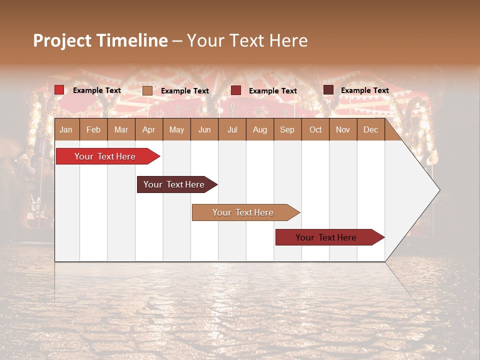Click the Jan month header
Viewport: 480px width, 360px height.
(66, 129)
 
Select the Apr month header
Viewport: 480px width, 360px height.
(148, 129)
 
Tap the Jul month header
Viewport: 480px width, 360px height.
(232, 129)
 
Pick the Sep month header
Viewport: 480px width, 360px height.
(287, 129)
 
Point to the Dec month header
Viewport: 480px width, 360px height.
(370, 129)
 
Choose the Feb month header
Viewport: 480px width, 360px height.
(93, 129)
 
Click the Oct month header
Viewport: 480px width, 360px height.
(315, 129)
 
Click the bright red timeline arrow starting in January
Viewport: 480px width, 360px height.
(105, 156)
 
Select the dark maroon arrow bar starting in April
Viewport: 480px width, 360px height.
(174, 184)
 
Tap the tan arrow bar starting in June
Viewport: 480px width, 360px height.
(243, 212)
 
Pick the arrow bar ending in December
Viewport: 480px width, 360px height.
(326, 237)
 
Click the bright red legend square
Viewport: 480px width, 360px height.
(59, 90)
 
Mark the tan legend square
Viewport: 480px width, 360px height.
(147, 90)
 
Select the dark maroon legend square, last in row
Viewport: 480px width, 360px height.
(328, 90)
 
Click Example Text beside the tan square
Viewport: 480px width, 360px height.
(185, 91)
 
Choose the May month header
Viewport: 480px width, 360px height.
(176, 129)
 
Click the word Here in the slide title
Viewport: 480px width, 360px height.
(288, 40)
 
